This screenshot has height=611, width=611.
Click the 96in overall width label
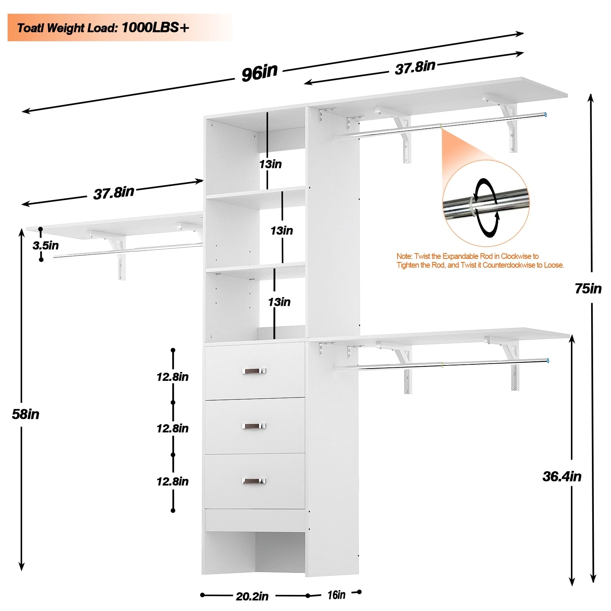click(x=259, y=72)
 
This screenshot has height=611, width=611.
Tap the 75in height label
click(x=588, y=289)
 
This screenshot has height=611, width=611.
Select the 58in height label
click(x=26, y=414)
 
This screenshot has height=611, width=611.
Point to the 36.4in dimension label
click(x=562, y=477)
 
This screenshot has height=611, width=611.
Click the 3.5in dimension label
click(x=46, y=246)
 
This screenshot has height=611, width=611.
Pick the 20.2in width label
click(x=252, y=596)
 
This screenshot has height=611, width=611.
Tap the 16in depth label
click(x=336, y=595)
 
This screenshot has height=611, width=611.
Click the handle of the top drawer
click(x=254, y=371)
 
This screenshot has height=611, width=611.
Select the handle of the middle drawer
click(x=254, y=426)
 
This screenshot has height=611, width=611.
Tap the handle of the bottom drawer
click(x=254, y=481)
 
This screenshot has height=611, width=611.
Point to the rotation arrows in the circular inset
click(x=486, y=207)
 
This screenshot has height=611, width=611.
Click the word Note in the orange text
click(x=404, y=256)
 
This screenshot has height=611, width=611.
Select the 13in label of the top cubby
click(x=270, y=164)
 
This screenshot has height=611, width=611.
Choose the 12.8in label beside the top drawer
click(x=173, y=377)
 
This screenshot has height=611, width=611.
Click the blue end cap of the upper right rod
click(x=546, y=114)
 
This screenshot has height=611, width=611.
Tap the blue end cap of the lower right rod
click(x=548, y=360)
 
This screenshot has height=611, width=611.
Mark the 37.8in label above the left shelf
click(x=114, y=193)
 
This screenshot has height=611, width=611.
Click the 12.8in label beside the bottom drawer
click(x=173, y=482)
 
